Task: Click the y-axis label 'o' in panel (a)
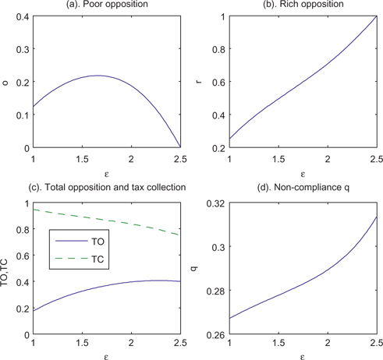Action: [6, 82]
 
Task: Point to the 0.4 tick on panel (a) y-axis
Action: [20, 16]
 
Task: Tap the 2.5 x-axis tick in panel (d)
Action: [375, 345]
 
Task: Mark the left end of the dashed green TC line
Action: [30, 210]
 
